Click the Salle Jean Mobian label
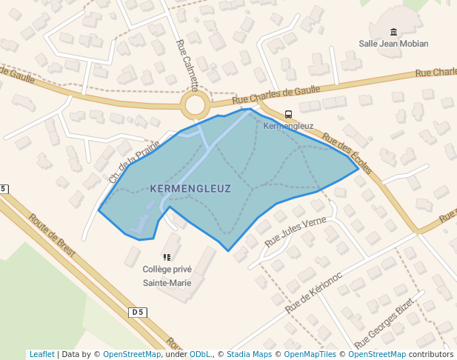tap(393, 44)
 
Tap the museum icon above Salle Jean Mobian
tap(393, 32)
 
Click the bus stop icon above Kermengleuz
tap(288, 114)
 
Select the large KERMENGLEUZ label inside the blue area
tap(190, 189)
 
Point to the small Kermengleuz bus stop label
tap(288, 126)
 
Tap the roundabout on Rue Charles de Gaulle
tap(196, 104)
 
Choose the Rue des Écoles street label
tap(347, 153)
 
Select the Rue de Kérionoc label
tap(313, 290)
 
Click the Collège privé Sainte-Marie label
tap(167, 276)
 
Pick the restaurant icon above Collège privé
tap(167, 257)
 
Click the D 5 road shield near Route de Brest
tap(137, 313)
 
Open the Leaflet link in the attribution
tap(41, 354)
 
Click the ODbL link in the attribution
tap(200, 354)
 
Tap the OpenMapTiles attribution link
tap(310, 354)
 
